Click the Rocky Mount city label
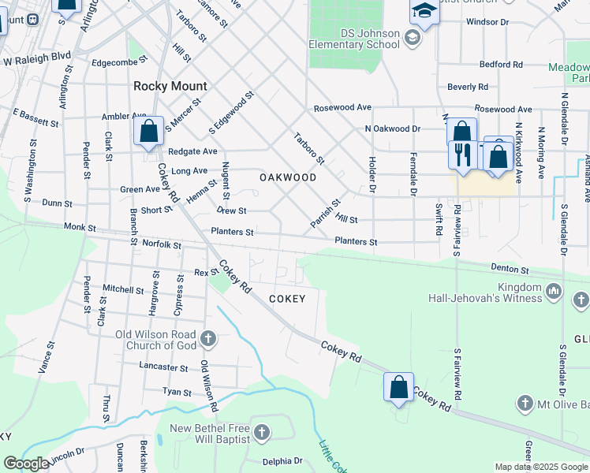click(x=170, y=86)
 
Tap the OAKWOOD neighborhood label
click(x=288, y=177)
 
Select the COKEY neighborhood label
click(x=286, y=299)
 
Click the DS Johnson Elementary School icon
click(x=412, y=37)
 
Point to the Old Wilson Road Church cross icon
click(x=208, y=339)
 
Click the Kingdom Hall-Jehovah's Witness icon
click(x=554, y=292)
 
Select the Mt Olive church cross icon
click(x=525, y=404)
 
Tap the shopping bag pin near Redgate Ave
click(x=149, y=132)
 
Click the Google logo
click(x=26, y=464)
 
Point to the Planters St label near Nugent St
click(x=232, y=232)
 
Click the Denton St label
click(x=509, y=268)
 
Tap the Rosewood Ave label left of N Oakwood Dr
click(x=342, y=107)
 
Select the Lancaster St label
click(x=163, y=367)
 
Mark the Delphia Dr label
click(x=282, y=461)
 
